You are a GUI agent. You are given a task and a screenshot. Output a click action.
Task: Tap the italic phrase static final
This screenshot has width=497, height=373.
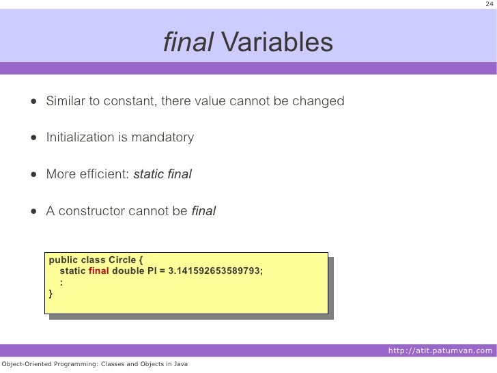pos(162,174)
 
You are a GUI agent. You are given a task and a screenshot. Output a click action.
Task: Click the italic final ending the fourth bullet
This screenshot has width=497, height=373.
pos(203,211)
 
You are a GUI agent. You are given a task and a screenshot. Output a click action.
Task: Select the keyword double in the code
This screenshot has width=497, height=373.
pos(128,271)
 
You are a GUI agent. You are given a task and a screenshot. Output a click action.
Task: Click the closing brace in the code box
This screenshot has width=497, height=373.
pos(50,293)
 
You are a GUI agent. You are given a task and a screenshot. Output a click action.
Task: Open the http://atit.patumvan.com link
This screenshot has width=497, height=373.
pos(439,351)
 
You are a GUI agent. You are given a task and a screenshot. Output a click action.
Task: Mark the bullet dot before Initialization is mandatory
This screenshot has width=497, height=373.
pos(33,138)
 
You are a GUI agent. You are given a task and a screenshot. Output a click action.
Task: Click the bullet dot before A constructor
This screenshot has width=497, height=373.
pos(33,211)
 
